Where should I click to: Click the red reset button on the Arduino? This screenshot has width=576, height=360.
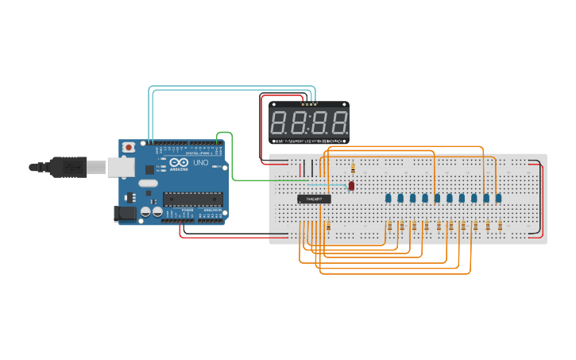pos(129,147)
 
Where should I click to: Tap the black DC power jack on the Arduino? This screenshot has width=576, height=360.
pos(124,213)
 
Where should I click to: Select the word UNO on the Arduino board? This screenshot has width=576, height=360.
pos(200,163)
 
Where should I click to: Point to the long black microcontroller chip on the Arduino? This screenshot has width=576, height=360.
pos(193,199)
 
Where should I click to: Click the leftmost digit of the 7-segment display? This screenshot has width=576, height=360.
pos(280,123)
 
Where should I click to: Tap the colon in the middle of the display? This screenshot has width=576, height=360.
pos(309,123)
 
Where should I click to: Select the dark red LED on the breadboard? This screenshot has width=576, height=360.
pos(351,186)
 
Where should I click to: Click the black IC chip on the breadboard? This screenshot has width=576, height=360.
pos(314,199)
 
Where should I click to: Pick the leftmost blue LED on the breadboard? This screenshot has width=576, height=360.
pos(388,198)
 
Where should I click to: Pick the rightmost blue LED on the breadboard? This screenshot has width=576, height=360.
pos(498,198)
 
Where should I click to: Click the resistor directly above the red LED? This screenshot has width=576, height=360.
pos(353,168)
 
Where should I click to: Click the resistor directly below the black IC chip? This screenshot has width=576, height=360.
pos(328,226)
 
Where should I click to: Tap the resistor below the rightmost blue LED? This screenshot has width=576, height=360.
pos(500,226)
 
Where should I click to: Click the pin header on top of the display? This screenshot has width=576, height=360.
pos(309,104)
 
